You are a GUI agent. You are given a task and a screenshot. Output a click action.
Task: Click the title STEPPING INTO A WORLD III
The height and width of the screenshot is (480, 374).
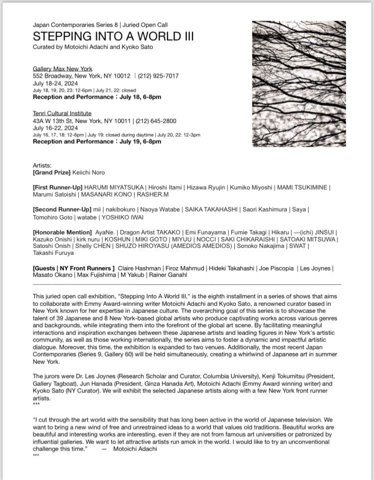113,36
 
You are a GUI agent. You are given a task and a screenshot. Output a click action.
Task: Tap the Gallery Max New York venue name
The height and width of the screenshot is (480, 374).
62,69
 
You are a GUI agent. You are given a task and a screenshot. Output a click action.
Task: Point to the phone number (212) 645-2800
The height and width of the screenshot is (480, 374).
153,121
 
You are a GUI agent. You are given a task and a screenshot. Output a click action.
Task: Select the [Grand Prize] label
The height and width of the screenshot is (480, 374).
52,172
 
